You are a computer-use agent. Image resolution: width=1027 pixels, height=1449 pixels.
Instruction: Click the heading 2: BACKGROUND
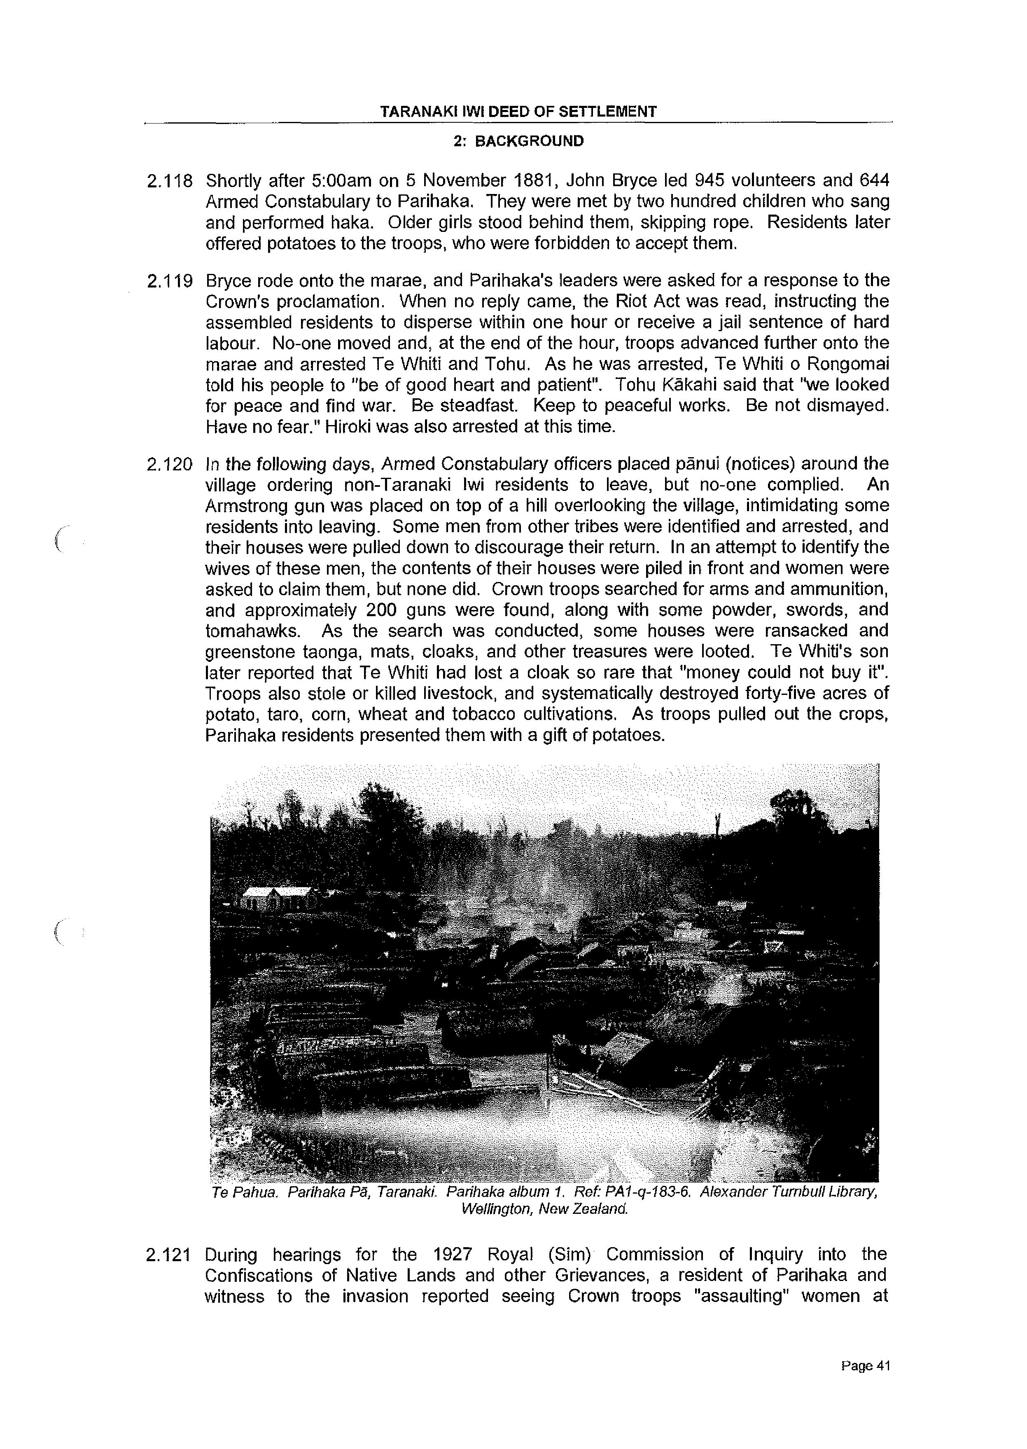(x=518, y=142)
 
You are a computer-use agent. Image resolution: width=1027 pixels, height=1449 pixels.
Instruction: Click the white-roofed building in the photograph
(x=278, y=893)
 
